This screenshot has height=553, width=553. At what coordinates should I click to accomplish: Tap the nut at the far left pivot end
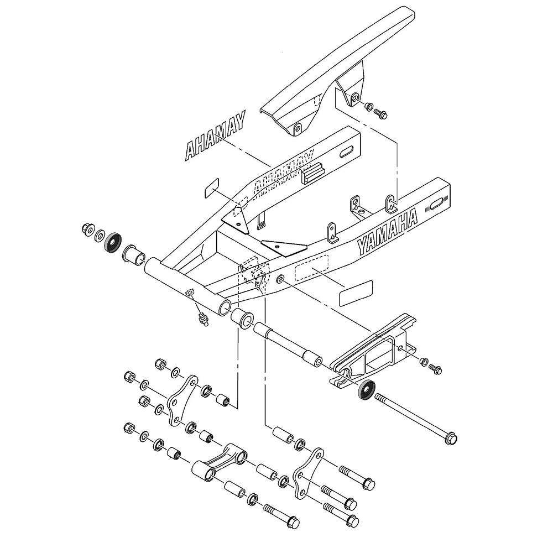(x=86, y=228)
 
